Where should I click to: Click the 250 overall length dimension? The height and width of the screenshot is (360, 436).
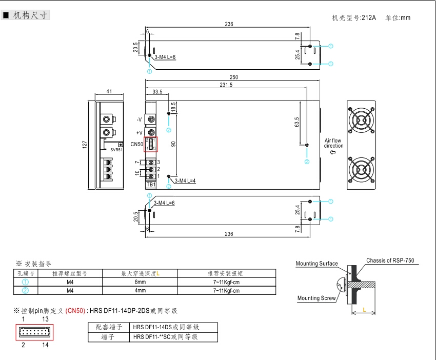click(234, 77)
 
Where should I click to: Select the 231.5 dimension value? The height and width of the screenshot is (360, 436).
click(226, 85)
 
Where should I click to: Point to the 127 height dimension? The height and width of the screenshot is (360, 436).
click(85, 145)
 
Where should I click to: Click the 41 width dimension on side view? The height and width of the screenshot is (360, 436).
click(109, 92)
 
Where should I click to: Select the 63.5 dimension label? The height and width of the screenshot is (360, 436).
click(296, 122)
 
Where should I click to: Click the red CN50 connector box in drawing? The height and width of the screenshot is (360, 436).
click(150, 144)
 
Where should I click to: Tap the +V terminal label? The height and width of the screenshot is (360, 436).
click(139, 133)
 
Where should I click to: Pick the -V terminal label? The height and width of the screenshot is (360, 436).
click(139, 119)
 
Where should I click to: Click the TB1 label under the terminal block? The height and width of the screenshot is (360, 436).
click(151, 184)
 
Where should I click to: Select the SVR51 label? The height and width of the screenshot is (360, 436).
click(116, 150)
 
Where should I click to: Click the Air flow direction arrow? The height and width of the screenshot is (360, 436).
click(333, 152)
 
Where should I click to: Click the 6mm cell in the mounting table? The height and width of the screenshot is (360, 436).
click(140, 282)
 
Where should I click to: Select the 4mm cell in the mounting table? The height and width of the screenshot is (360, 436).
click(140, 290)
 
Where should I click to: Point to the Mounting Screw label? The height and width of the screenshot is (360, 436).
click(316, 298)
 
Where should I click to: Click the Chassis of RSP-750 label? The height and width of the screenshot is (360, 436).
click(390, 261)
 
